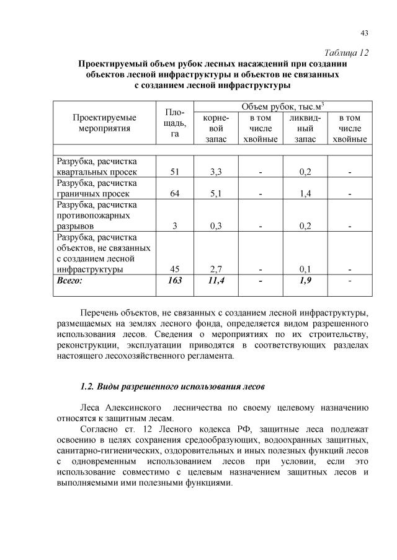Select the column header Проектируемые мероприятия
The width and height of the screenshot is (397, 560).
(x=105, y=123)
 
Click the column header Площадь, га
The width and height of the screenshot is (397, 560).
(x=175, y=123)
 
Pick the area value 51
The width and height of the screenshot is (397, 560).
(x=175, y=172)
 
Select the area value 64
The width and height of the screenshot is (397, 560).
(x=175, y=194)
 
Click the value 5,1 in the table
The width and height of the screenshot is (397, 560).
(x=216, y=194)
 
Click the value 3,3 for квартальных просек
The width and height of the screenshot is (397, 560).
(x=216, y=172)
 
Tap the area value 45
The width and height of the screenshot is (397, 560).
(x=175, y=269)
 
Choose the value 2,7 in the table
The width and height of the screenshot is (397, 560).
(x=216, y=269)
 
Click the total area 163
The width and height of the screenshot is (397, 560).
(x=175, y=281)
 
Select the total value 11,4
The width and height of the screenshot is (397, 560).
(x=216, y=281)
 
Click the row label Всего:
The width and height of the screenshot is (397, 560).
(x=69, y=281)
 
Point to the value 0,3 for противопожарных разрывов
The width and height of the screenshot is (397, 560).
(x=216, y=226)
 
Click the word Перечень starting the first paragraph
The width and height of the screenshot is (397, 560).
(x=101, y=311)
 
